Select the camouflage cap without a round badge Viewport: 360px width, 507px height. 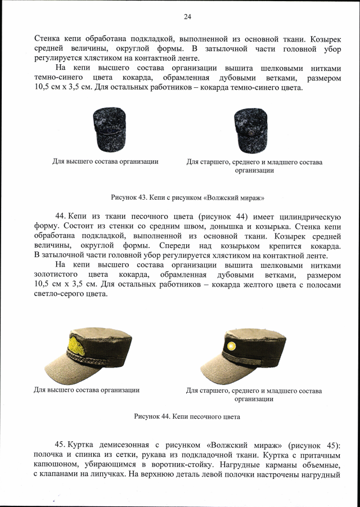(x=105, y=129)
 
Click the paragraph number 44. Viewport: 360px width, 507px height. (x=61, y=217)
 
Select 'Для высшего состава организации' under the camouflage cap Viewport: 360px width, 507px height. (x=105, y=161)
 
